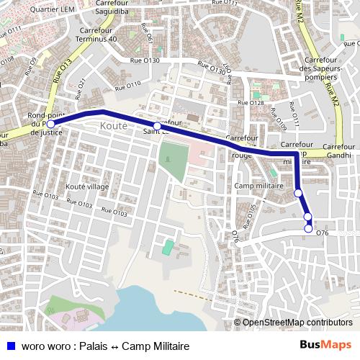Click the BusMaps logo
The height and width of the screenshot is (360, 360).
coord(325,346)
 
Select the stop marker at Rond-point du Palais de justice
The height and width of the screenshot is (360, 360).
coord(50,124)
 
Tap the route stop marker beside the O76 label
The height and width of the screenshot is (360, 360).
coord(309,229)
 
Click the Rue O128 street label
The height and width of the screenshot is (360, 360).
coord(256,103)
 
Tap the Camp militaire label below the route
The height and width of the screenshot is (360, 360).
coord(259,186)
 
